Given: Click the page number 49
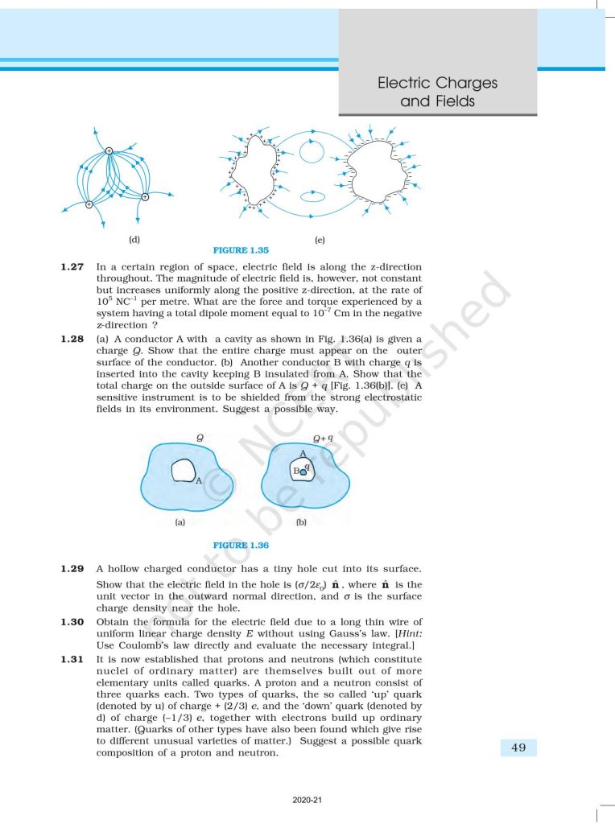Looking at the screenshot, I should pos(518,748).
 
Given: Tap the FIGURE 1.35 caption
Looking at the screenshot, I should pos(241,250).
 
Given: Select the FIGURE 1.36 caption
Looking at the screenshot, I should pos(241,546).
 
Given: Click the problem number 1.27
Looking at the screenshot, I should pos(72,266).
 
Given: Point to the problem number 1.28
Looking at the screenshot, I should pos(72,340).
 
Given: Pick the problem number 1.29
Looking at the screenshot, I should pos(72,569).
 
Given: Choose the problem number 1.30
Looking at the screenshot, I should pos(72,622).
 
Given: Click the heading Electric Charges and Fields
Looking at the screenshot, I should pos(437,92).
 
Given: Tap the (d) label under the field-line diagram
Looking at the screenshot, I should pos(134,239).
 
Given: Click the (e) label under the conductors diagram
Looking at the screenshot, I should pos(320,240).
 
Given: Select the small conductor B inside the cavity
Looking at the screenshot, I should pos(303,473).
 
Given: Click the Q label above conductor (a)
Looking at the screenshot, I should pos(200,437).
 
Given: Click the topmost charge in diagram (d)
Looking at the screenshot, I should pos(109,150).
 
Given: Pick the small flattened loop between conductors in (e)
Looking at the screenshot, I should pos(311,196).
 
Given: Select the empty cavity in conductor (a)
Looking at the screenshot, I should pos(183,470).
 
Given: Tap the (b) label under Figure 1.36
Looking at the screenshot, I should pos(301,522).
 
